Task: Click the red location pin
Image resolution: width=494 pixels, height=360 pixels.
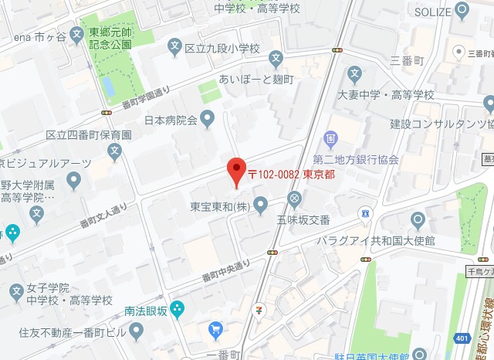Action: point(236,172)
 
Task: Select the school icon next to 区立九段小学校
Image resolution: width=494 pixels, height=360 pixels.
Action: point(174,49)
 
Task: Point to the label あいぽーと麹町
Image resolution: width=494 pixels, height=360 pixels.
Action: point(256,80)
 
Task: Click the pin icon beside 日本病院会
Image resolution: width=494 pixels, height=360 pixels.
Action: point(207,120)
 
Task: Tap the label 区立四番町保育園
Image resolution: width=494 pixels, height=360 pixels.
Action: point(89,134)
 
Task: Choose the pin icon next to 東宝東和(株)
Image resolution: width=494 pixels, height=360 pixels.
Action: point(260,205)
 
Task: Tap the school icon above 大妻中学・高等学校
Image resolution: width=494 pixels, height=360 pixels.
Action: point(354,76)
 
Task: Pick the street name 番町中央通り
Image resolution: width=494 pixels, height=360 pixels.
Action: point(226,270)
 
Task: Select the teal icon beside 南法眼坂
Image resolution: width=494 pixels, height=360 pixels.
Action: point(177,310)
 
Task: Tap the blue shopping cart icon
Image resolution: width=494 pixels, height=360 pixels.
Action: point(215,331)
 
